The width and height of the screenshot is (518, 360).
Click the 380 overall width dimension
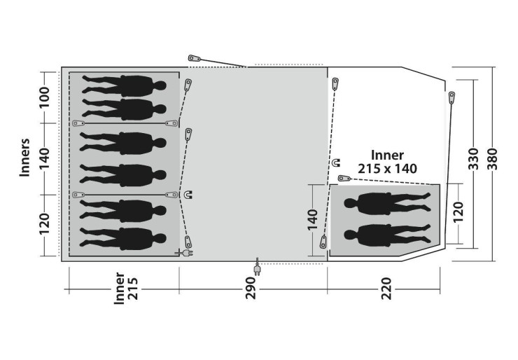492,159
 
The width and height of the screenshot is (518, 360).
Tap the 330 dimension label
473,159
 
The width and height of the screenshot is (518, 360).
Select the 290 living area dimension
251,289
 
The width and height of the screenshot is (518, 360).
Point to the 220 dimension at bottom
386,289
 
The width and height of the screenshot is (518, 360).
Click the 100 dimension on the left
44,97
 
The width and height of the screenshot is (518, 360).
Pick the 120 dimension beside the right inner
458,212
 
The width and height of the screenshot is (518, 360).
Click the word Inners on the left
24,158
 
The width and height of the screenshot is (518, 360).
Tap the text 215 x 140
387,169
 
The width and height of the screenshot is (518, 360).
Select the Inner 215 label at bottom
125,289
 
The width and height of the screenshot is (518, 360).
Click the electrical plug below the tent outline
257,269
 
